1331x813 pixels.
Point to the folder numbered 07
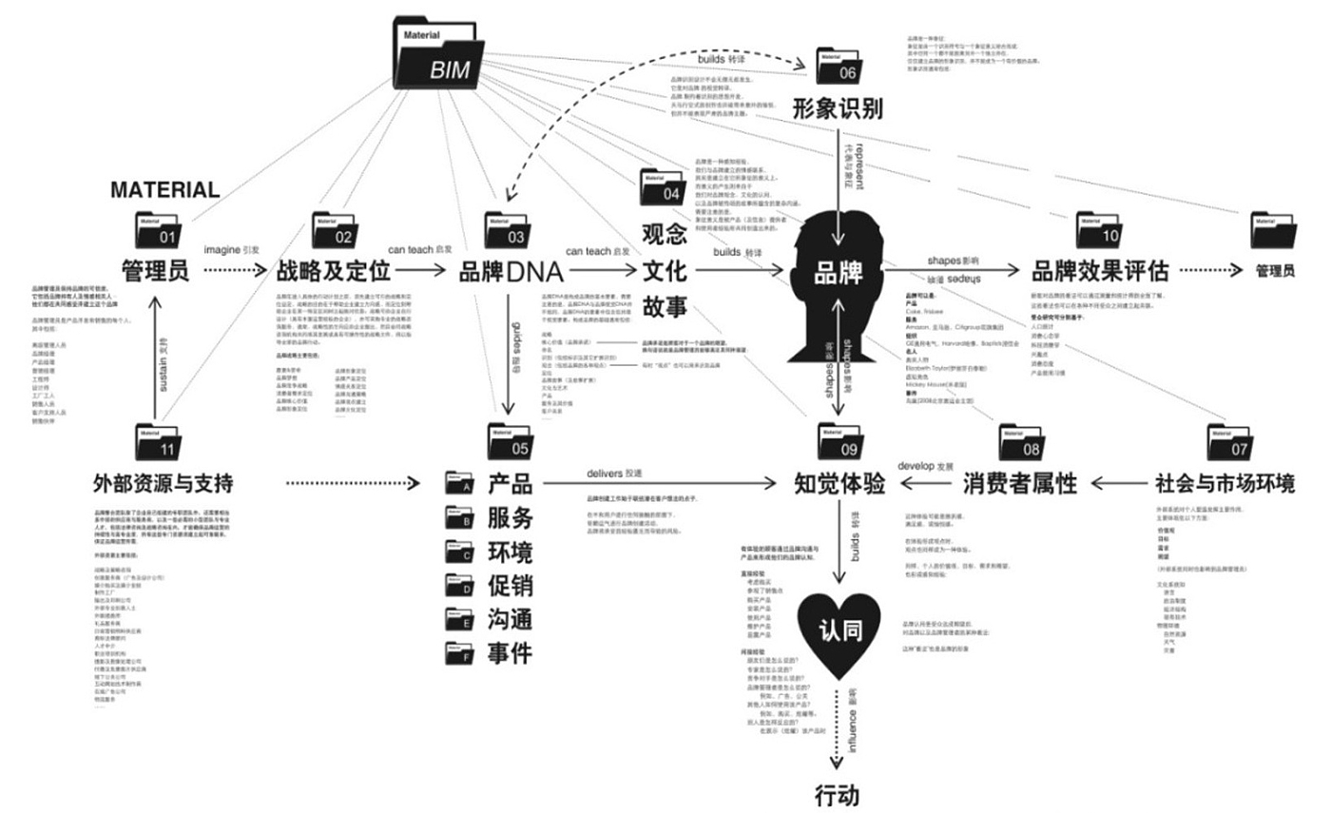point(1231,440)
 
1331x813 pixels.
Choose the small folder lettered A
point(459,484)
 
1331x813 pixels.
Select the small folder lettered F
point(459,653)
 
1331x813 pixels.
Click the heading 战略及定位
point(335,271)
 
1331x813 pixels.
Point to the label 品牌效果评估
point(1113,271)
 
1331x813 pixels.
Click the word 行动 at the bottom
point(838,794)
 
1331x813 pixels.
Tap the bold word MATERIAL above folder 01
point(165,188)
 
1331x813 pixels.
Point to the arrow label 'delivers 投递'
point(615,472)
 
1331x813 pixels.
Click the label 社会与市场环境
point(1225,483)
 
